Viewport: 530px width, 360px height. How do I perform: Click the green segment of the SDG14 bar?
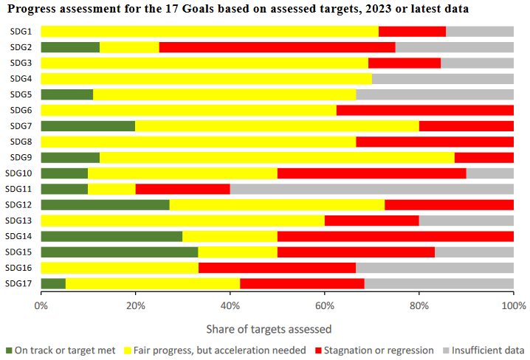tap(111, 236)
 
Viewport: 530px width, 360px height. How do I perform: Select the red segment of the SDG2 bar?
tap(277, 47)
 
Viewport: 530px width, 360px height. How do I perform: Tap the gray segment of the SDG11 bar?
tap(371, 189)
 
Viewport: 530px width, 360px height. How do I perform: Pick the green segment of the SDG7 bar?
tap(88, 126)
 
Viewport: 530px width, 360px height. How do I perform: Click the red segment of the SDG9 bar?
tap(483, 157)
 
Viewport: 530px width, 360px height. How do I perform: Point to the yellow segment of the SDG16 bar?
tap(120, 268)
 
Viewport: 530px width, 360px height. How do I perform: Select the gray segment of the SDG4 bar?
tap(442, 79)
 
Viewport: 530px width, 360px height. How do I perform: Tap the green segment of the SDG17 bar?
tap(53, 283)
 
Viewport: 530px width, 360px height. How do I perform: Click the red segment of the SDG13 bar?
tap(371, 221)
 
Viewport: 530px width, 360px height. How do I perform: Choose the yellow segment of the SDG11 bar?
tap(111, 189)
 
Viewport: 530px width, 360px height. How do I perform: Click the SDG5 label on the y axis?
tap(21, 94)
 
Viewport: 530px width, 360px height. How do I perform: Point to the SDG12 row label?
tap(19, 204)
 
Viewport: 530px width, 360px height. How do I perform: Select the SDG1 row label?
tap(21, 32)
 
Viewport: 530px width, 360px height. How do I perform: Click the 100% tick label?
tap(512, 305)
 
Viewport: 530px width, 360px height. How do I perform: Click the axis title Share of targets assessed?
tap(277, 328)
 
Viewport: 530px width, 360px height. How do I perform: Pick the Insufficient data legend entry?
tap(487, 350)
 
